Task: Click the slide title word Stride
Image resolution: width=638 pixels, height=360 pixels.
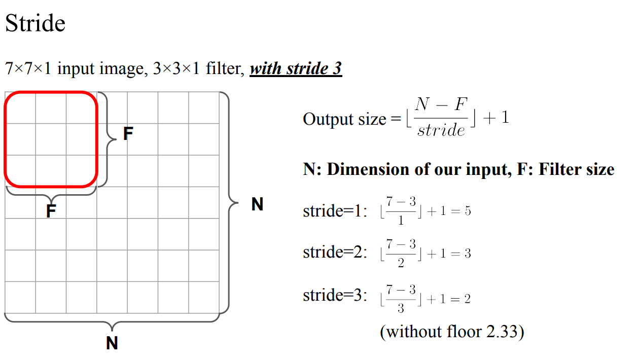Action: tap(36, 23)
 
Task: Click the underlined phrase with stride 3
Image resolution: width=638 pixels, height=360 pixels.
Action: tap(296, 68)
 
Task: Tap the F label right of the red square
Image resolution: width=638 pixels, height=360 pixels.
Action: tap(128, 134)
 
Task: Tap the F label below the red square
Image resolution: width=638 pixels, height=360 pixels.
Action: tap(51, 211)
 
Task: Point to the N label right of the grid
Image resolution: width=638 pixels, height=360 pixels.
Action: tap(258, 204)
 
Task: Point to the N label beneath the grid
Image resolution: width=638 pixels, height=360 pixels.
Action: tap(112, 343)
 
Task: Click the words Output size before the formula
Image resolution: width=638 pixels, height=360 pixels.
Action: tap(344, 120)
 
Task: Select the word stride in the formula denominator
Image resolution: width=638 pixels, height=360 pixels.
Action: tap(441, 131)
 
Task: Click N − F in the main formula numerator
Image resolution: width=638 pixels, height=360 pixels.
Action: tap(441, 104)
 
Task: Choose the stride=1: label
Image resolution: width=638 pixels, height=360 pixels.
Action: tap(335, 210)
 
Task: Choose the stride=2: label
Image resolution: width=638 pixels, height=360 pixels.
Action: tap(335, 253)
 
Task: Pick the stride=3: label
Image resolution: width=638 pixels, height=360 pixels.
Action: tap(335, 295)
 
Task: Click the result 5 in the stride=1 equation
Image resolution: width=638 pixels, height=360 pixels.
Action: tap(468, 211)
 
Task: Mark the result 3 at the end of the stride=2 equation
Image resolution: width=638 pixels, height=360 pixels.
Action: tap(468, 253)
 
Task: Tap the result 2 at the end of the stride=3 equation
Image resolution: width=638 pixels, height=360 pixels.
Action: tap(467, 299)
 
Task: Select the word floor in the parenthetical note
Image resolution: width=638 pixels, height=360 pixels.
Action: tap(463, 332)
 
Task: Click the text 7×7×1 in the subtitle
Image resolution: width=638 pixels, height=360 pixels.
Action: tap(28, 68)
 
